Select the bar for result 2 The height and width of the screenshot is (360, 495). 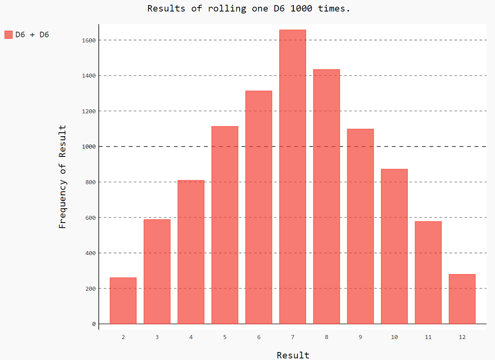point(123,301)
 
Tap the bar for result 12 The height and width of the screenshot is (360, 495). point(462,299)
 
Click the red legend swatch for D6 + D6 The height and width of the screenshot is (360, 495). point(8,35)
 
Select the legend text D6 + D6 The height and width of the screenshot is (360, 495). point(32,35)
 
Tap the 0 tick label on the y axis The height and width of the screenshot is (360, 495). point(93,324)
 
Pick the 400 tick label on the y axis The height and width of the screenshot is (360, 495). point(90,253)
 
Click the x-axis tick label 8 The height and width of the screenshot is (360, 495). point(326,337)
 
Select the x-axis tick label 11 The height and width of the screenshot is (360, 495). point(428,337)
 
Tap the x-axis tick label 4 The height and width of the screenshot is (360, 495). point(191,337)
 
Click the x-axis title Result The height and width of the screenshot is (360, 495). point(293,355)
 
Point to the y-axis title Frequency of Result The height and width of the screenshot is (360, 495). point(62,177)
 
